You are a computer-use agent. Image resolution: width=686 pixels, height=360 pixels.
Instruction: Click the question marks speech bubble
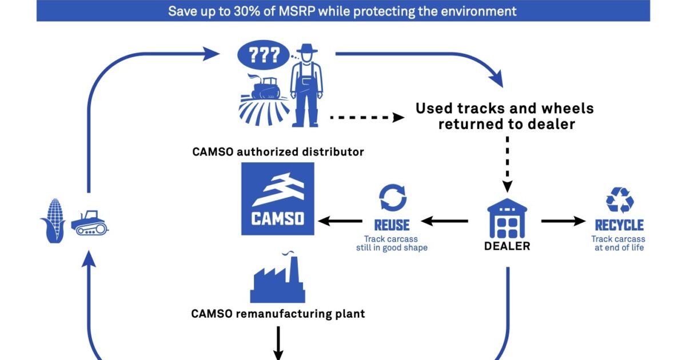(x=263, y=55)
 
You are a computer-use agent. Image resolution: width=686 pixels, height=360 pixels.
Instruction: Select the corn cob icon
(x=55, y=221)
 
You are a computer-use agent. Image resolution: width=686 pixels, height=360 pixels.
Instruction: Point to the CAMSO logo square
(x=278, y=199)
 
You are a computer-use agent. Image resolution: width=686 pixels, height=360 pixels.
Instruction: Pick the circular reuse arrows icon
(x=393, y=198)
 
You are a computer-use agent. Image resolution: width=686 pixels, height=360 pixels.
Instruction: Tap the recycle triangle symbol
(x=619, y=200)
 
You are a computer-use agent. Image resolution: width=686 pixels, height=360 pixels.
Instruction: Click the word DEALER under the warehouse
(x=507, y=246)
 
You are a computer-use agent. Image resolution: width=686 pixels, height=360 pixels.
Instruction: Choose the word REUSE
(x=392, y=225)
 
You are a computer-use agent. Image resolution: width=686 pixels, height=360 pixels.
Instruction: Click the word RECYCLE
(x=619, y=225)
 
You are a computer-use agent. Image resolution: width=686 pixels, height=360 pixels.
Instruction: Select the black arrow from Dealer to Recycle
(x=564, y=221)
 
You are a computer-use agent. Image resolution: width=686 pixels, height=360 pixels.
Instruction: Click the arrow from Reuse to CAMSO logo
(x=341, y=221)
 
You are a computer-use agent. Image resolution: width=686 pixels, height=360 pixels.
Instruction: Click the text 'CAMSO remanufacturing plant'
(x=278, y=314)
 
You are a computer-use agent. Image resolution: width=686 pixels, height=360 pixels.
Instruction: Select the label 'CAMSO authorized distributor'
(x=278, y=152)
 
